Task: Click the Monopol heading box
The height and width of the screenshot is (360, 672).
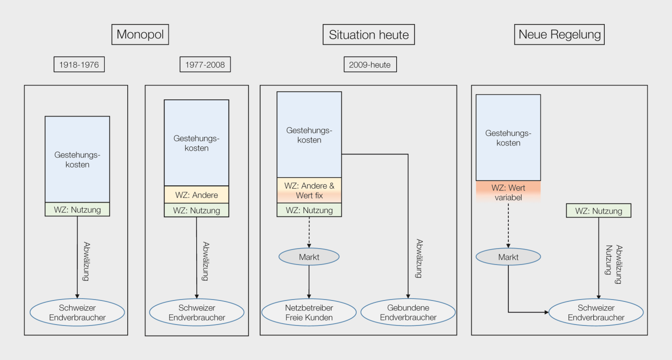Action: (x=140, y=35)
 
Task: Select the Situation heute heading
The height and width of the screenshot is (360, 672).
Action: (x=369, y=35)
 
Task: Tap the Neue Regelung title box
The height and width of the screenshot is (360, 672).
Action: (x=560, y=35)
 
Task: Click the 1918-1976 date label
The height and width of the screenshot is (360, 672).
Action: (x=79, y=64)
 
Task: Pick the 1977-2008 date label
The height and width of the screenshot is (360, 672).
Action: (x=205, y=64)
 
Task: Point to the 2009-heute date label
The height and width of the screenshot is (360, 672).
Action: (x=370, y=64)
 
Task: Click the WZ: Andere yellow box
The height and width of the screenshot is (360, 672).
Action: (x=196, y=195)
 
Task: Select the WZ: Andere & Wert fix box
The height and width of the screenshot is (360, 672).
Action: (x=309, y=191)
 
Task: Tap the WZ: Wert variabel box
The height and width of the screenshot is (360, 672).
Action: (x=508, y=192)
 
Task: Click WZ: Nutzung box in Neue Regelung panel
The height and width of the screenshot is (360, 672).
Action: (x=599, y=211)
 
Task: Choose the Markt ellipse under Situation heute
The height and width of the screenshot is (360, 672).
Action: (x=309, y=257)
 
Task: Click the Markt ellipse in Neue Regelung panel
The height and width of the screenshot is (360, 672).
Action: (x=508, y=257)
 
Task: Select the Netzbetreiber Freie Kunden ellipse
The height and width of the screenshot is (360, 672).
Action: (x=309, y=312)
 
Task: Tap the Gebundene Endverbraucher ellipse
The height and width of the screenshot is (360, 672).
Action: (x=408, y=312)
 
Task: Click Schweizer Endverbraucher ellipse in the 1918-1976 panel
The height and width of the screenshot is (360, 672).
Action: (x=77, y=312)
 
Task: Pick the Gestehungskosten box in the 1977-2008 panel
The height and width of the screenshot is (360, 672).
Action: (x=196, y=143)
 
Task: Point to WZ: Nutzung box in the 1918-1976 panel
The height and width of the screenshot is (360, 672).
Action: (x=77, y=209)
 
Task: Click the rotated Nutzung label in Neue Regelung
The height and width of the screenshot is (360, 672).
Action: (x=609, y=260)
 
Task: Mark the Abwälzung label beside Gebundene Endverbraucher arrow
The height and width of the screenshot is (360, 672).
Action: (x=419, y=259)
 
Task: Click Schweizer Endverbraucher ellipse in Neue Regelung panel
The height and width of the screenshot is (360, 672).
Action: (x=596, y=312)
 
